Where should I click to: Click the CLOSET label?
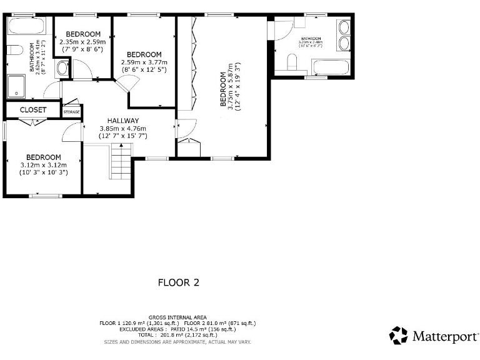tap(32, 109)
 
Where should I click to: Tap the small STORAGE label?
tap(72, 112)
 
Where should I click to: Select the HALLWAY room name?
tap(122, 121)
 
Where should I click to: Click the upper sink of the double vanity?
tap(344, 27)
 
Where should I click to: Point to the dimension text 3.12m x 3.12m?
tap(43, 165)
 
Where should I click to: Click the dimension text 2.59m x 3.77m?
tap(144, 62)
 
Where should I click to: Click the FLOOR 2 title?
tap(178, 282)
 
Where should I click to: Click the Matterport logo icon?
tap(398, 336)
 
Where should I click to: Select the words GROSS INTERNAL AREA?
tap(178, 317)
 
